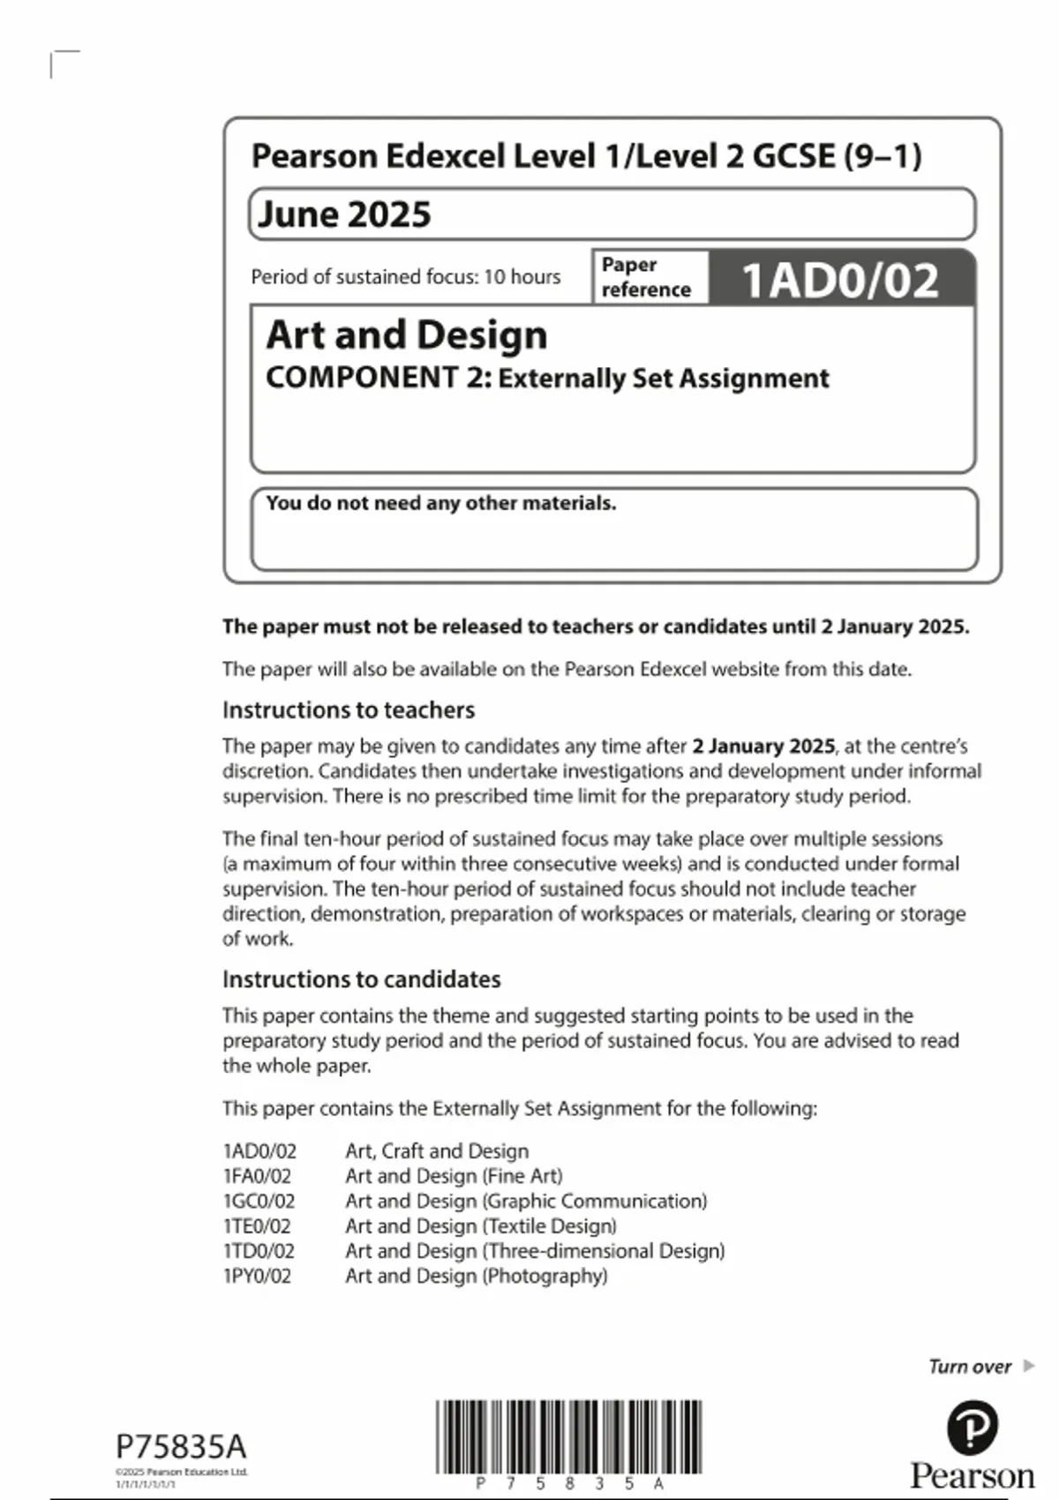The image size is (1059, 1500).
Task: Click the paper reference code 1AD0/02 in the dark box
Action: pyautogui.click(x=840, y=281)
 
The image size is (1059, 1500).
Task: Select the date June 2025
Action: pyautogui.click(x=344, y=214)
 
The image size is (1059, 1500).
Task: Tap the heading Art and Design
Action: pyautogui.click(x=407, y=335)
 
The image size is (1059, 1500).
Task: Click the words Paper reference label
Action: pyautogui.click(x=645, y=277)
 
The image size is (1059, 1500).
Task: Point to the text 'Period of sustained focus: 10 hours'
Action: pyautogui.click(x=405, y=277)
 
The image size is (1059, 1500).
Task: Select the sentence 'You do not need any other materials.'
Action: pyautogui.click(x=440, y=503)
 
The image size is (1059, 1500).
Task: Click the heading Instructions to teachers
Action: pyautogui.click(x=349, y=710)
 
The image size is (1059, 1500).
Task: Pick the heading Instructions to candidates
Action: pyautogui.click(x=361, y=979)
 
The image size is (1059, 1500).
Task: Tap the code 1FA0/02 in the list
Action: pyautogui.click(x=257, y=1176)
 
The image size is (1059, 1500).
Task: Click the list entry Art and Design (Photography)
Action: pyautogui.click(x=476, y=1276)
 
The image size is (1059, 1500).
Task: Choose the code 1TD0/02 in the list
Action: pyautogui.click(x=259, y=1251)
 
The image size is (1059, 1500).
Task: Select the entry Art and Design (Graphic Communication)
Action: pyautogui.click(x=526, y=1201)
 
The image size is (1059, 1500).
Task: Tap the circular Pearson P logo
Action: pyautogui.click(x=972, y=1429)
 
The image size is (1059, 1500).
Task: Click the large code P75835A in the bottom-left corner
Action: pyautogui.click(x=181, y=1447)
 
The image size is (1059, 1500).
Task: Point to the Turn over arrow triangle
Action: pyautogui.click(x=1028, y=1366)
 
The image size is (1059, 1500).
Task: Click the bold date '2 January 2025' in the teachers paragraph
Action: pyautogui.click(x=763, y=746)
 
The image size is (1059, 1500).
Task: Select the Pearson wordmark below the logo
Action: pyautogui.click(x=972, y=1476)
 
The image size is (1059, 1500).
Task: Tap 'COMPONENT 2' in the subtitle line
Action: pyautogui.click(x=374, y=379)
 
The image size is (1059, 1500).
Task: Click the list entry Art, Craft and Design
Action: pyautogui.click(x=437, y=1151)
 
